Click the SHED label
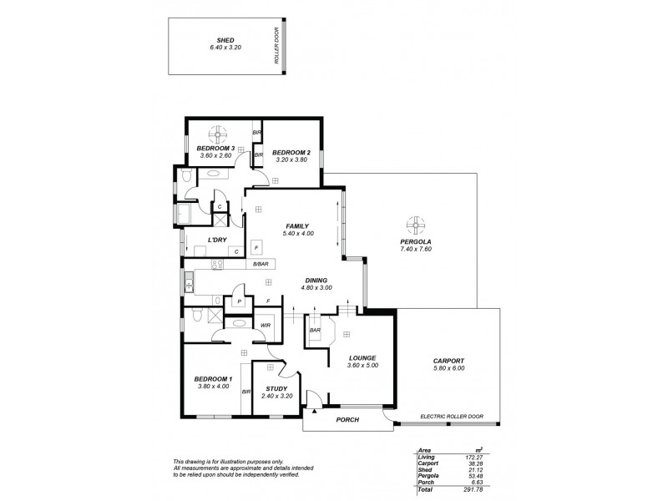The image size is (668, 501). (225, 40)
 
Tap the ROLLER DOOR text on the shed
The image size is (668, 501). (276, 46)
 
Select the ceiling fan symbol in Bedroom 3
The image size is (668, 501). (218, 133)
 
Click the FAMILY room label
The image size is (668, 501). (296, 226)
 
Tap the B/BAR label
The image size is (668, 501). (261, 265)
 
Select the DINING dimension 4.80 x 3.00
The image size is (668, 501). (316, 288)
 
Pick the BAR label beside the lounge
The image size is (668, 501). (316, 330)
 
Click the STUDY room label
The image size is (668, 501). (276, 388)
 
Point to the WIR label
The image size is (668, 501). (265, 325)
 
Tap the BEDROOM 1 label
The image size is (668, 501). (212, 377)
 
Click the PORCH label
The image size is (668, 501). (347, 419)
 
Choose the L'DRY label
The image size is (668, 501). (218, 241)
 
